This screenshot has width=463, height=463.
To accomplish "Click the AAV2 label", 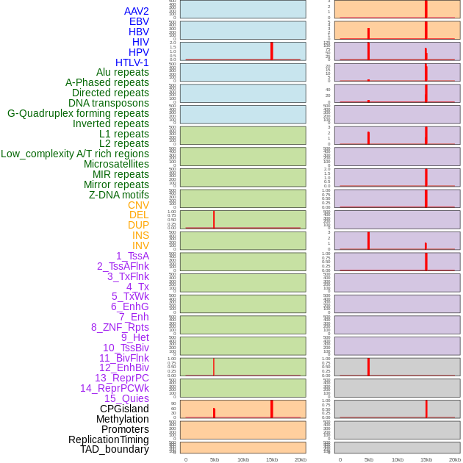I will pos(136,11).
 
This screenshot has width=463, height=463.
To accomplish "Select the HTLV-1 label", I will pos(132,62).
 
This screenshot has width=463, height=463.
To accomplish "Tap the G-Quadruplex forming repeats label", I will pos(78,113).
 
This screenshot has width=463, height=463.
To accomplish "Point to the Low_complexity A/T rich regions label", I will pos(75,154).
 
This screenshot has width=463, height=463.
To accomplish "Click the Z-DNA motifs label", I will pos(119,195).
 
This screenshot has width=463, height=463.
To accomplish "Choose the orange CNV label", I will pos(138,205).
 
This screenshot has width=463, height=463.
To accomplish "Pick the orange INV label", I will pos(140,245).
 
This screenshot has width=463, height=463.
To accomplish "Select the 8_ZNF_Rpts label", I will pos(120,327).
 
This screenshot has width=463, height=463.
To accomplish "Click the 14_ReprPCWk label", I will pos(115,388).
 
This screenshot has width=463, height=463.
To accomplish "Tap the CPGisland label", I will pos(124,409).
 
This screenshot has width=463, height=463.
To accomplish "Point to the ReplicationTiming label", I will pos(109,439).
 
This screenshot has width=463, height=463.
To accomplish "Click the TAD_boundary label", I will pos(115,449).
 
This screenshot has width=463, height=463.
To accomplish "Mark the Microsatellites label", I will pos(116,164).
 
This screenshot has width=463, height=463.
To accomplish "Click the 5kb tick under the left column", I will pos(215,459).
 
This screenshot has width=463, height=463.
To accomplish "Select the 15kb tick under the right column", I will pos(426,459).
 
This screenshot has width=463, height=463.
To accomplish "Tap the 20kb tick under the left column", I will pos(301,459).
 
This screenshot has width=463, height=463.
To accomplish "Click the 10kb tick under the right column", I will pos(398,459).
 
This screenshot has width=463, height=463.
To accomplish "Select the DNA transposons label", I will pos(109,103).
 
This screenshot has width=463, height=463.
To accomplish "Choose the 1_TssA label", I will pos(132,256).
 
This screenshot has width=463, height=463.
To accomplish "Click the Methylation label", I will pos(123,419).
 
